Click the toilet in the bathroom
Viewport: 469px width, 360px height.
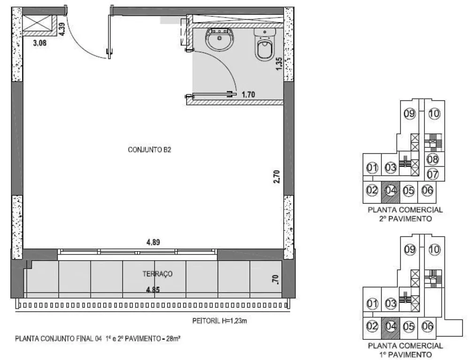click(x=264, y=45)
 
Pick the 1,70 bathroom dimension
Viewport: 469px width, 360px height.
click(x=248, y=95)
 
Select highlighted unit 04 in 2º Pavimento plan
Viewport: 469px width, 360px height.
click(x=390, y=191)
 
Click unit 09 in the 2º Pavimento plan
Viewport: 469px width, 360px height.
click(x=409, y=113)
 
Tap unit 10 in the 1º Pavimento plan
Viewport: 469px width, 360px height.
click(x=434, y=250)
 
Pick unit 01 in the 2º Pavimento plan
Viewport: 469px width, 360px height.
click(x=372, y=168)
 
